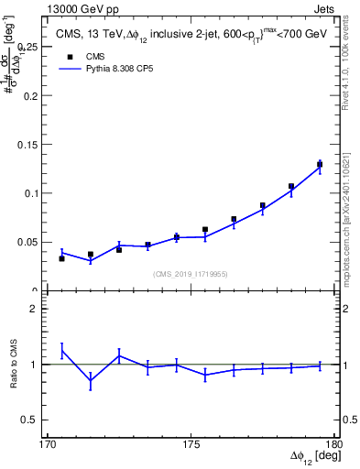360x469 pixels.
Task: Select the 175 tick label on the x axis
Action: pyautogui.click(x=191, y=444)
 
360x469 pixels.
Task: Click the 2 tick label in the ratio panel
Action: pyautogui.click(x=40, y=310)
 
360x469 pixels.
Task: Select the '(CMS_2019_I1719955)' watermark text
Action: pyautogui.click(x=191, y=273)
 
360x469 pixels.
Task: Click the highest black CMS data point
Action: pyautogui.click(x=320, y=165)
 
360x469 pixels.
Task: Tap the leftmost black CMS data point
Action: pyautogui.click(x=61, y=258)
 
